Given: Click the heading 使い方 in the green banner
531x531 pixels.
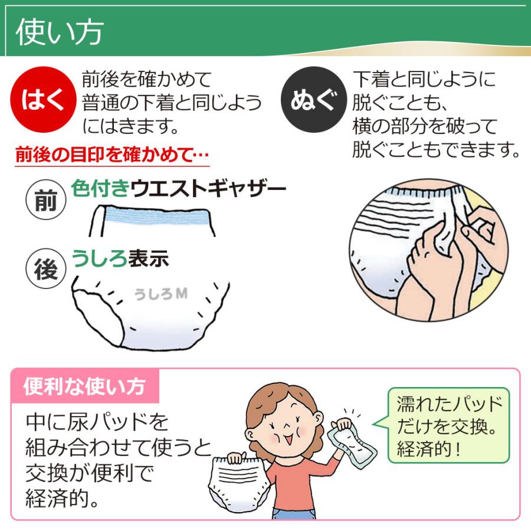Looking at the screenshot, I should point(59,33).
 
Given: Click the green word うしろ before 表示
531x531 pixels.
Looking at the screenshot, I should point(99,258).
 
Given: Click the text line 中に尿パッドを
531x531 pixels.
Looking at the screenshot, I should point(97,422).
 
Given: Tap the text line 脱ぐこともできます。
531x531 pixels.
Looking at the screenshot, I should point(437,150).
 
